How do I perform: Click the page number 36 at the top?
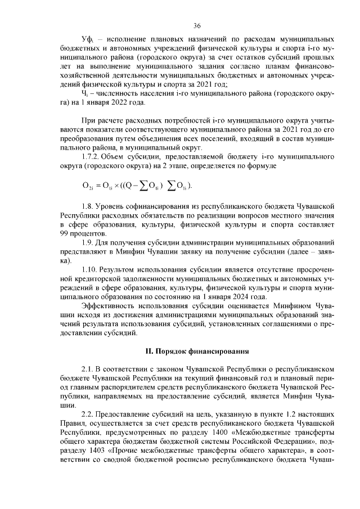197,26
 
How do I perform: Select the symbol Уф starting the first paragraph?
86,42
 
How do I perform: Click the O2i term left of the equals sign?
87,186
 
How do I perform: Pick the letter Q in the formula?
130,186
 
